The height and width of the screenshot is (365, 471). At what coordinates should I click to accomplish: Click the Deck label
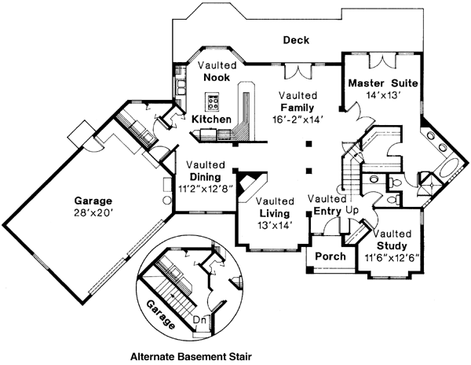coord(297,41)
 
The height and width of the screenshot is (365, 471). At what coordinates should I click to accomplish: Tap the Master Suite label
coord(382,83)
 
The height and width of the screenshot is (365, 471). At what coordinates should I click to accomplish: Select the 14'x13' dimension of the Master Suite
coord(383,94)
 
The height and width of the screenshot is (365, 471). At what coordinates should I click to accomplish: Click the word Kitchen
coord(211,119)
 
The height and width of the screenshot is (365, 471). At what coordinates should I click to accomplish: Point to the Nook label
coord(215,78)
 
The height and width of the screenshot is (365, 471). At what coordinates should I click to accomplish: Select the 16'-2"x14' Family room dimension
coord(296,119)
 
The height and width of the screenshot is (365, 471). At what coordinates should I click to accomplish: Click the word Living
coord(275,213)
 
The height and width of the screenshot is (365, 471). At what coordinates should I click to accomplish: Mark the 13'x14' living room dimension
coord(275,225)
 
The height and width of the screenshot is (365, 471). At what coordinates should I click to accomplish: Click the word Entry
coord(325,212)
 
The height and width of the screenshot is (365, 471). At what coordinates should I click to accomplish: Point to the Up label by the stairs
coord(352,212)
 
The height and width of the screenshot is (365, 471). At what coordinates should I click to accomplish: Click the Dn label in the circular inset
coord(199,319)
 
